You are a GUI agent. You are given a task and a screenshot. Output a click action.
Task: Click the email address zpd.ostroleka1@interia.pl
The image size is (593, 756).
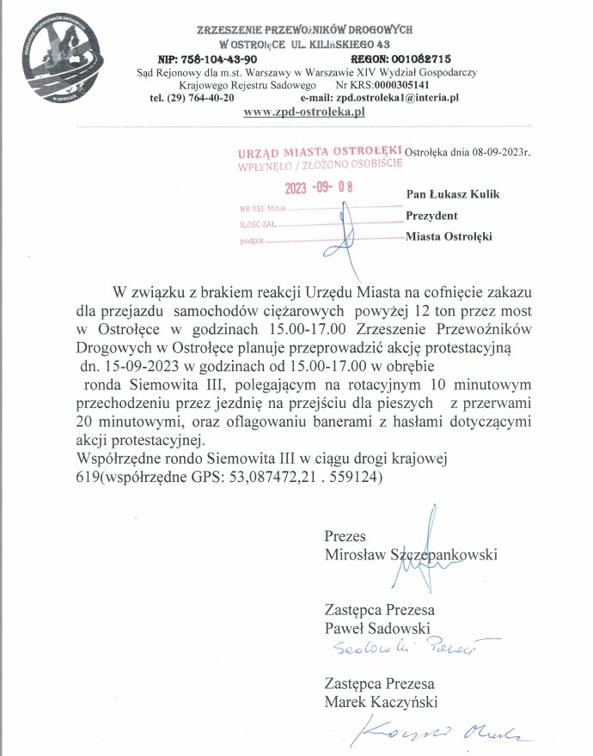(401, 99)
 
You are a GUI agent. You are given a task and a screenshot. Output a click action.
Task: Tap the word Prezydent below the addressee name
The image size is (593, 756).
(431, 215)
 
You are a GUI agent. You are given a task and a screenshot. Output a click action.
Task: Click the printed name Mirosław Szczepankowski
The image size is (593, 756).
(411, 555)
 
